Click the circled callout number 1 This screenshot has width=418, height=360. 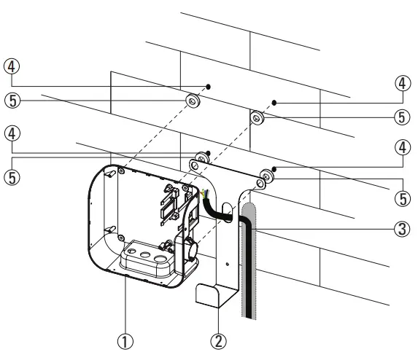click(127, 340)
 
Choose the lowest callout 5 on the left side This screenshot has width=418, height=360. click(12, 176)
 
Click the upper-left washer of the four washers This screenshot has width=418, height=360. click(191, 101)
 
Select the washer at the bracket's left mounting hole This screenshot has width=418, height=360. click(196, 163)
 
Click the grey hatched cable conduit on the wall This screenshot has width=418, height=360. click(247, 255)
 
